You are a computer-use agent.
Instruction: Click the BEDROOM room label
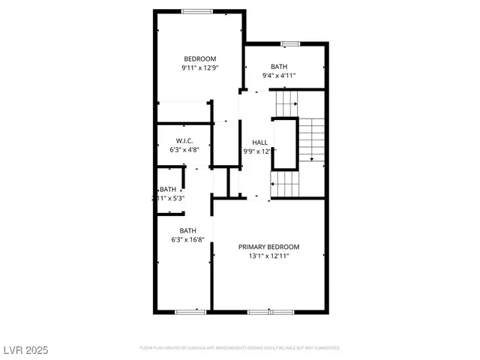click(x=200, y=59)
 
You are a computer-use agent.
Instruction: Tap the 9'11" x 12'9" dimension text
click(x=199, y=68)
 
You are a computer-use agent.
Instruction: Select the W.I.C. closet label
click(x=185, y=142)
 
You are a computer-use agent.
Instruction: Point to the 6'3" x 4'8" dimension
click(x=184, y=151)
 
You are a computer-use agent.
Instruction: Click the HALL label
click(x=259, y=142)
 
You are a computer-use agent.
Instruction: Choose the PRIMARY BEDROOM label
click(x=268, y=247)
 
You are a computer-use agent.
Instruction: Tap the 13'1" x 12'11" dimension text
click(x=268, y=256)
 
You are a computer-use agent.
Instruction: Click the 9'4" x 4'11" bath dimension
click(x=280, y=75)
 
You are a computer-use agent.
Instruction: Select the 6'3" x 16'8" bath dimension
click(x=187, y=240)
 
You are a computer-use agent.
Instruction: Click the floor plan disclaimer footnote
click(x=239, y=349)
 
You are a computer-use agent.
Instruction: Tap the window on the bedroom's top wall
click(x=196, y=10)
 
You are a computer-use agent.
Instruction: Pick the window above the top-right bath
click(x=289, y=44)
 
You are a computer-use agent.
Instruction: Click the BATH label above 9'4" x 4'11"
click(x=279, y=67)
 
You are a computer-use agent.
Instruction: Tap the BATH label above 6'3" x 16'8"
click(x=187, y=230)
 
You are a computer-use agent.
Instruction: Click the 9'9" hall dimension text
click(x=256, y=151)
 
